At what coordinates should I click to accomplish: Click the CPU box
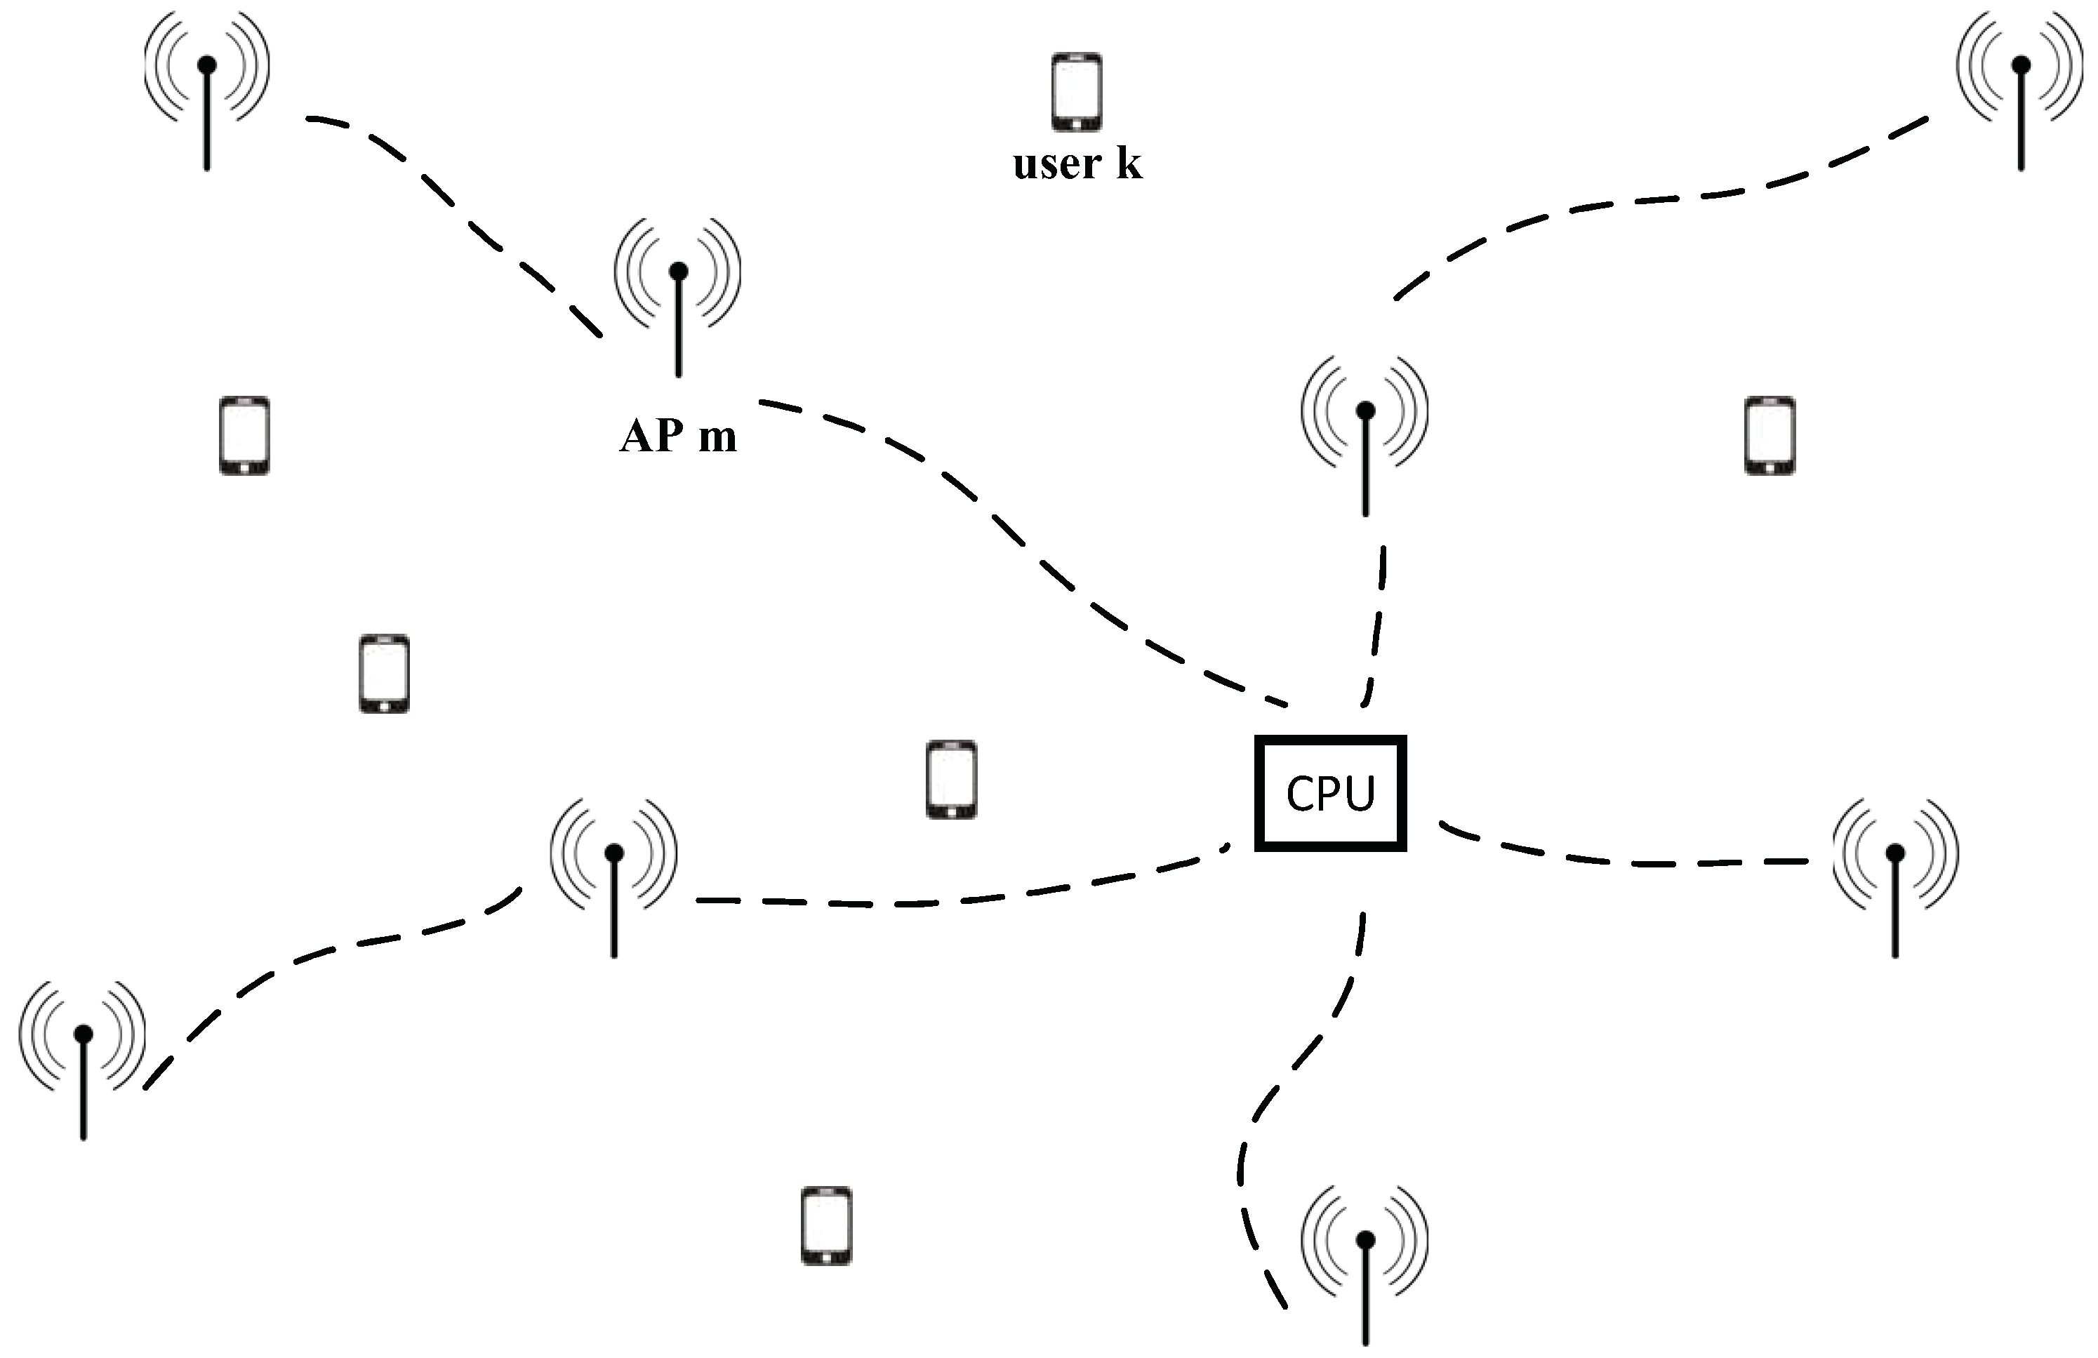(1329, 792)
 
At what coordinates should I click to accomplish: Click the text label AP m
(678, 435)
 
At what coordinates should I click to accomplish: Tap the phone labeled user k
(1076, 92)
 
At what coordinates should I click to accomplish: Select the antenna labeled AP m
(678, 291)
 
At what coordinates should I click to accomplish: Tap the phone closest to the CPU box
(951, 779)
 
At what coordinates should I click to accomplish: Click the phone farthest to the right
(1770, 435)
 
